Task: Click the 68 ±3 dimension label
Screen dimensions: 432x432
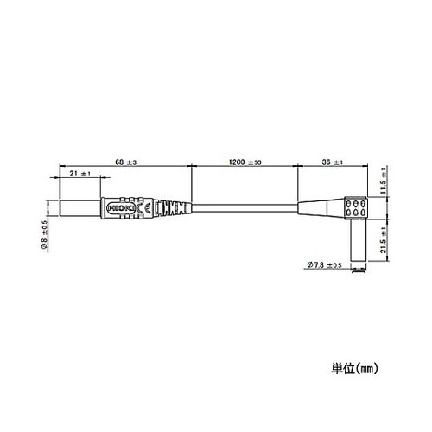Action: (126, 161)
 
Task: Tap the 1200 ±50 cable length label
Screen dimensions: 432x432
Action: (244, 161)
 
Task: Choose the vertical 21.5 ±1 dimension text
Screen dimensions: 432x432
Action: (385, 246)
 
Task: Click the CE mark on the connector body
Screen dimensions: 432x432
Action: (148, 208)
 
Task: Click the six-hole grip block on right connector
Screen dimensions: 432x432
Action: (354, 208)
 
